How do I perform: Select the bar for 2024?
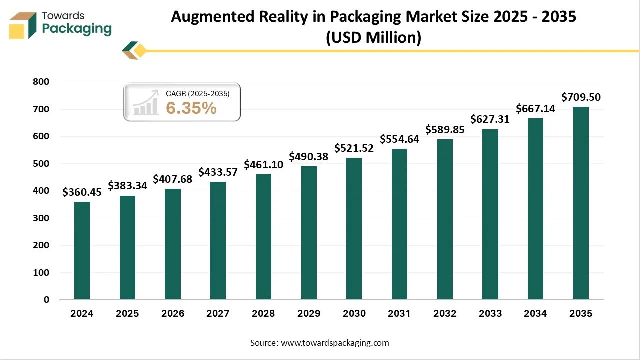(x=82, y=251)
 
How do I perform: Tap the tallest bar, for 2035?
(x=581, y=203)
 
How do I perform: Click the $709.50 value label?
(x=581, y=97)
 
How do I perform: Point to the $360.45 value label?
(x=82, y=192)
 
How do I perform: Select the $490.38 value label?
(x=309, y=157)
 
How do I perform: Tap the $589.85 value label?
(x=445, y=130)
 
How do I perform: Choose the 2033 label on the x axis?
(x=490, y=314)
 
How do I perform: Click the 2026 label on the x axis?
(x=173, y=314)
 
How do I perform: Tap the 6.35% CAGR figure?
(x=191, y=107)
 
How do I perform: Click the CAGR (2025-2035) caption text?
(x=198, y=93)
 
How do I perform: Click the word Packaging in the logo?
(x=77, y=29)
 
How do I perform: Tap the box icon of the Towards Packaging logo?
(x=23, y=25)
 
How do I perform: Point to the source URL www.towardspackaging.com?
(x=334, y=343)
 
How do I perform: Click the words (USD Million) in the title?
(x=373, y=37)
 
